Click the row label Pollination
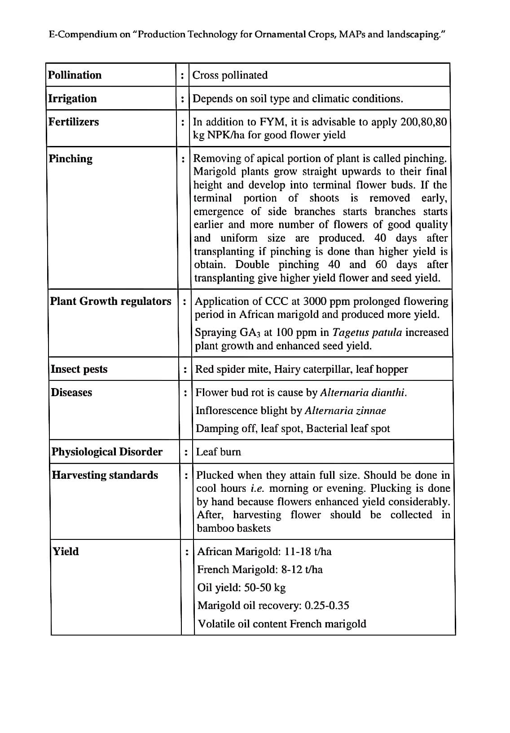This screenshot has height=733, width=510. (75, 75)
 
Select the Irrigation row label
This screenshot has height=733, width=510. (72, 98)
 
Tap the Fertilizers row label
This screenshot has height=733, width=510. (74, 122)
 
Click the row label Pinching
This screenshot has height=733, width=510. (70, 159)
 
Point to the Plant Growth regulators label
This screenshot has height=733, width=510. (110, 301)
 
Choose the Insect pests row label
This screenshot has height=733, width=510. (79, 369)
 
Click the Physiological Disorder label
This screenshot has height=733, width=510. (107, 452)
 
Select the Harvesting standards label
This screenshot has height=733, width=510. (105, 475)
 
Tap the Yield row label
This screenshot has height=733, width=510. (66, 552)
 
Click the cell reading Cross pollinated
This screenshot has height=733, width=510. (230, 75)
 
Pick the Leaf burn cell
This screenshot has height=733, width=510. (219, 452)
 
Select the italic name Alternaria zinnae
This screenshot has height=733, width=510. (345, 411)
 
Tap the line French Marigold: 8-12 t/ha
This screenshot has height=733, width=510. (260, 570)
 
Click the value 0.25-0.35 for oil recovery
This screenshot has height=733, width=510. (327, 605)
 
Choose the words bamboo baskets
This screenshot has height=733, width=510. (234, 528)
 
